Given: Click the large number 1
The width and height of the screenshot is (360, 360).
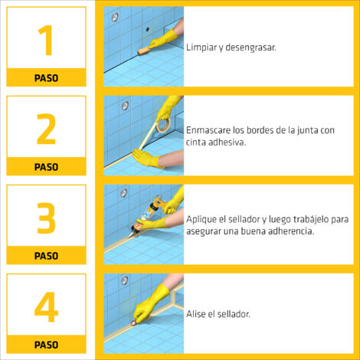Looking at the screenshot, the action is [x=46, y=40].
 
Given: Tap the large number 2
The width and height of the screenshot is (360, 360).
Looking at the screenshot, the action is [x=46, y=129].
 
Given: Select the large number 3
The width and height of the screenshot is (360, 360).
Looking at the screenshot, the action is [x=46, y=218].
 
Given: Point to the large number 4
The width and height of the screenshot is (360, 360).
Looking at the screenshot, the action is [x=46, y=306].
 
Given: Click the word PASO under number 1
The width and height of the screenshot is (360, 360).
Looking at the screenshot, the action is [x=46, y=78].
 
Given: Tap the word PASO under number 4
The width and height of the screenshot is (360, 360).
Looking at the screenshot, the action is [x=46, y=345].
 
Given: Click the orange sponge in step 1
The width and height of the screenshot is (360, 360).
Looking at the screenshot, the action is [x=143, y=51].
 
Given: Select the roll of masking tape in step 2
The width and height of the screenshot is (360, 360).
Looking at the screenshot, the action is [x=164, y=124].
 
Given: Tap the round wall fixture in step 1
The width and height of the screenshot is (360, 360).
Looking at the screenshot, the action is [x=115, y=17].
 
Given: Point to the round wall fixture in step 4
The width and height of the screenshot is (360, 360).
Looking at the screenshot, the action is [x=125, y=280].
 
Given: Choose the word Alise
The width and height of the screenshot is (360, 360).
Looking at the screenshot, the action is [x=196, y=314].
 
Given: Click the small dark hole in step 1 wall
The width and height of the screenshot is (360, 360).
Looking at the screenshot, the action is [x=148, y=29].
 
